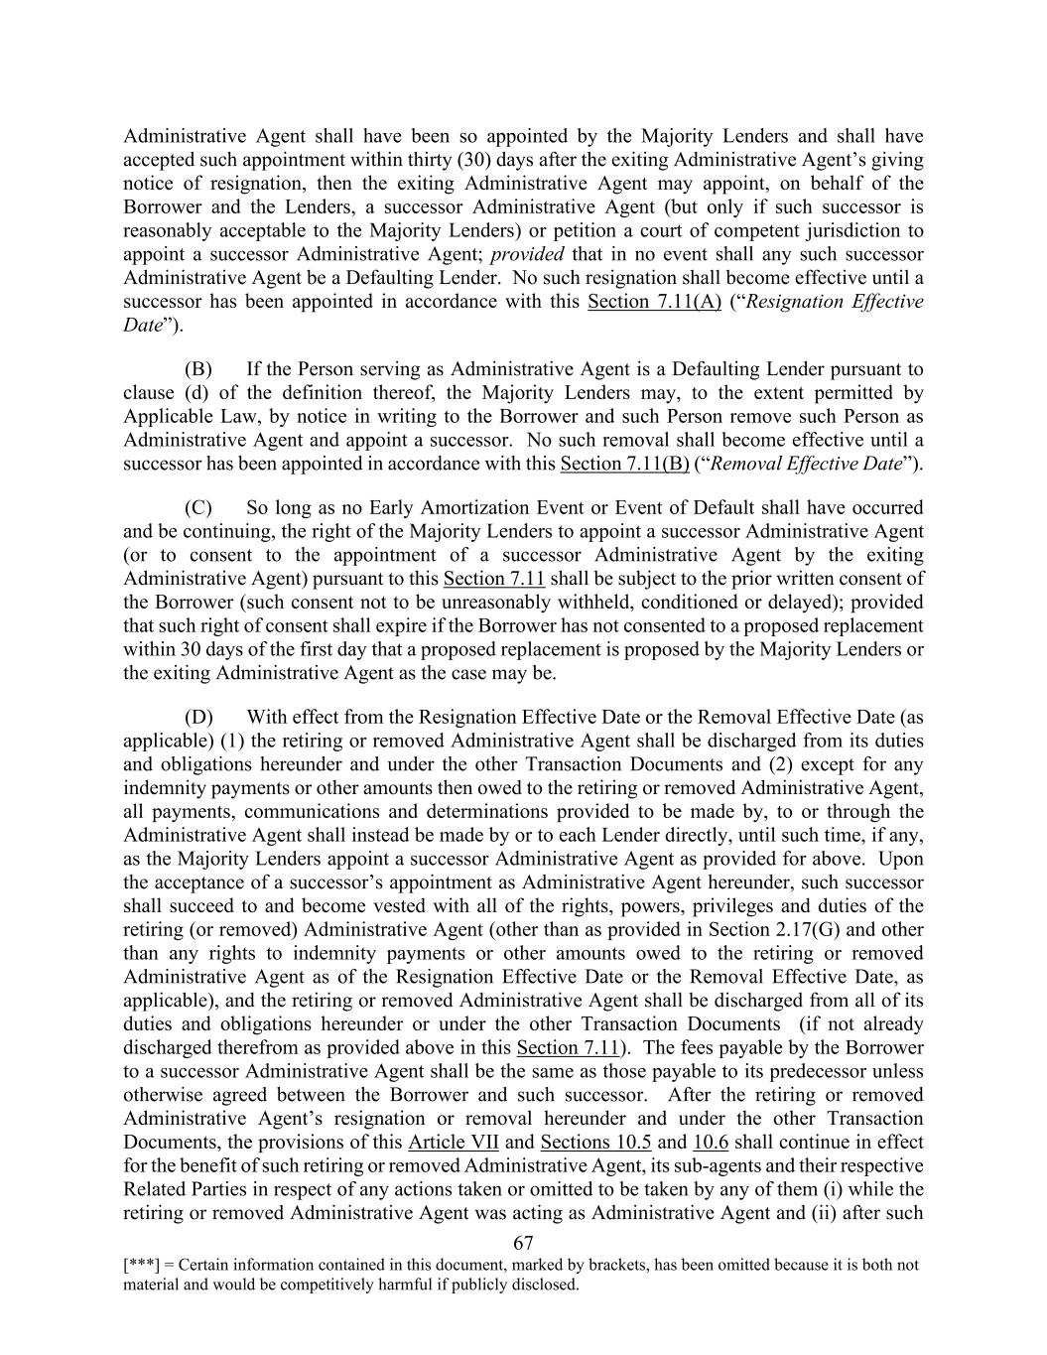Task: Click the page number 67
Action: pyautogui.click(x=524, y=1243)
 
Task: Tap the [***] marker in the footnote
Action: pyautogui.click(x=139, y=1266)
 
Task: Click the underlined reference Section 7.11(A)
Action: pyautogui.click(x=654, y=301)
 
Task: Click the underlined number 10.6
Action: pyautogui.click(x=711, y=1142)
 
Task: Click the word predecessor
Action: pyautogui.click(x=797, y=1071)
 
